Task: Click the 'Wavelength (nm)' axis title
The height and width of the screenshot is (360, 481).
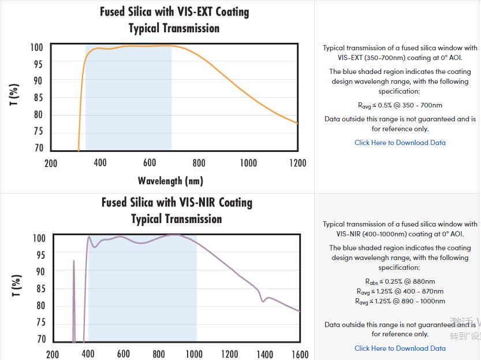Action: pyautogui.click(x=170, y=181)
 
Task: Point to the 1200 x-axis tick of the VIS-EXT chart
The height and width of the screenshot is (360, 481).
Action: pyautogui.click(x=298, y=163)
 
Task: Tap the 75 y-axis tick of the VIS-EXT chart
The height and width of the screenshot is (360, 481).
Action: pyautogui.click(x=38, y=131)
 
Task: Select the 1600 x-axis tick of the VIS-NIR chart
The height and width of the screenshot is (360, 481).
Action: pyautogui.click(x=300, y=354)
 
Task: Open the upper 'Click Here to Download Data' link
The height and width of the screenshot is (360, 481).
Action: pyautogui.click(x=400, y=143)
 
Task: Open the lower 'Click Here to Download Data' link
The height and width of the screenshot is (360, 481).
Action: pyautogui.click(x=400, y=348)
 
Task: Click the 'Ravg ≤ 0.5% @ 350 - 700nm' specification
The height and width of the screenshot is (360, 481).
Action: pyautogui.click(x=400, y=105)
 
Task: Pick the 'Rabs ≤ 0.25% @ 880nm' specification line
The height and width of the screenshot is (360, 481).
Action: pyautogui.click(x=400, y=281)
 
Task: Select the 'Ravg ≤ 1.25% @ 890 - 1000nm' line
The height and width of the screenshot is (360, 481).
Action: pyautogui.click(x=400, y=301)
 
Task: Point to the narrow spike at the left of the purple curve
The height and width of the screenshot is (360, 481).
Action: pyautogui.click(x=74, y=262)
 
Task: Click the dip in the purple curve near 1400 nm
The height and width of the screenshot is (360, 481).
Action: pyautogui.click(x=263, y=300)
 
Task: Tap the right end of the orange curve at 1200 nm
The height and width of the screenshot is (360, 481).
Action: pyautogui.click(x=297, y=123)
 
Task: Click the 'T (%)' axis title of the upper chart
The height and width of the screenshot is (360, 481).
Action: pyautogui.click(x=15, y=94)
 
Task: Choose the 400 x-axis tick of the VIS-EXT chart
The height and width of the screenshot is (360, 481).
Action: pyautogui.click(x=100, y=163)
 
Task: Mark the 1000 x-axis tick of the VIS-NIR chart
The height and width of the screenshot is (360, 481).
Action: pyautogui.click(x=194, y=354)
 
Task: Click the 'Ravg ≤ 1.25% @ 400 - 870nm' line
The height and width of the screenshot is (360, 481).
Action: pyautogui.click(x=400, y=291)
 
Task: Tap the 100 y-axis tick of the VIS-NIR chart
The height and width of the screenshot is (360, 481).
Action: pyautogui.click(x=39, y=238)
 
